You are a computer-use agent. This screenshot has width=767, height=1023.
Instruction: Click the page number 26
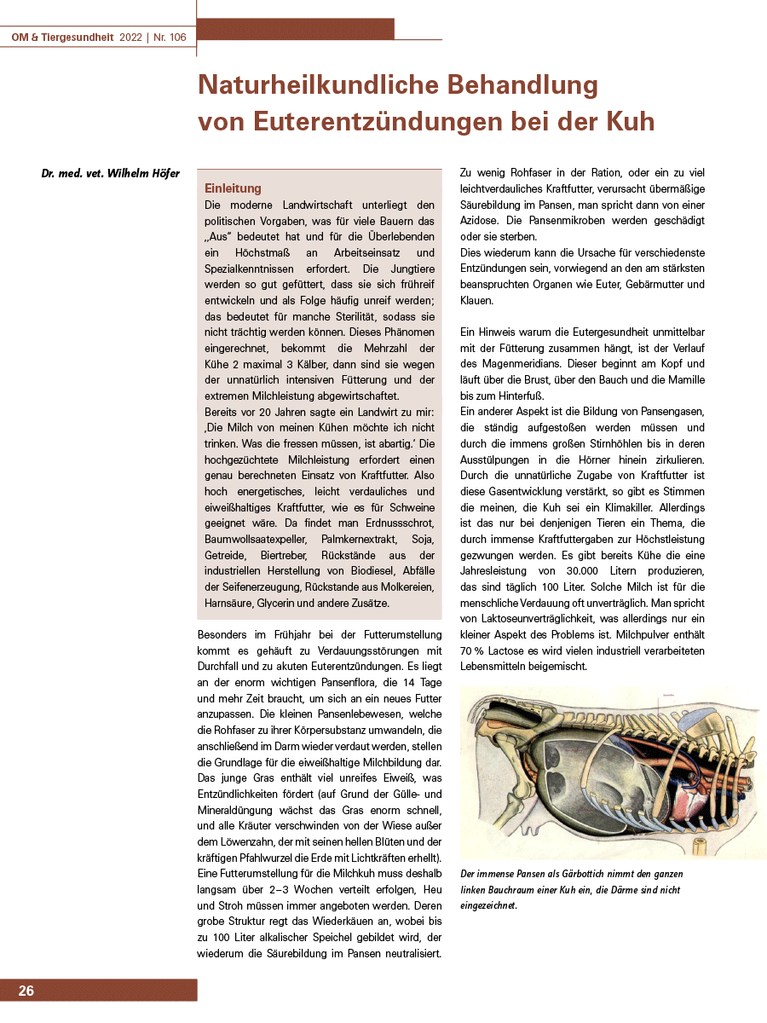tap(26, 991)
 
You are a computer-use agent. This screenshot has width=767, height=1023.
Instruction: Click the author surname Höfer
tap(163, 174)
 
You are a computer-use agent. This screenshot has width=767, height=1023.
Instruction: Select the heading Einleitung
tap(233, 188)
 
